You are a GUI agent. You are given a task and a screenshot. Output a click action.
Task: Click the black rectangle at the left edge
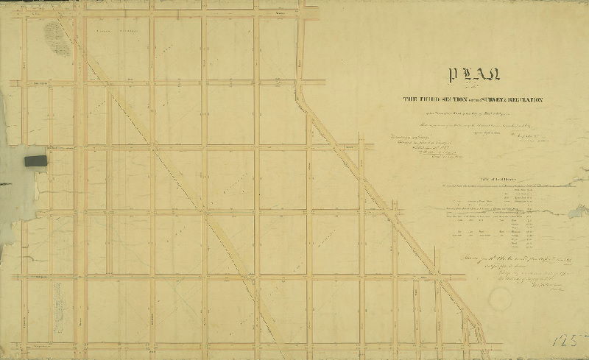[x=35, y=160]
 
